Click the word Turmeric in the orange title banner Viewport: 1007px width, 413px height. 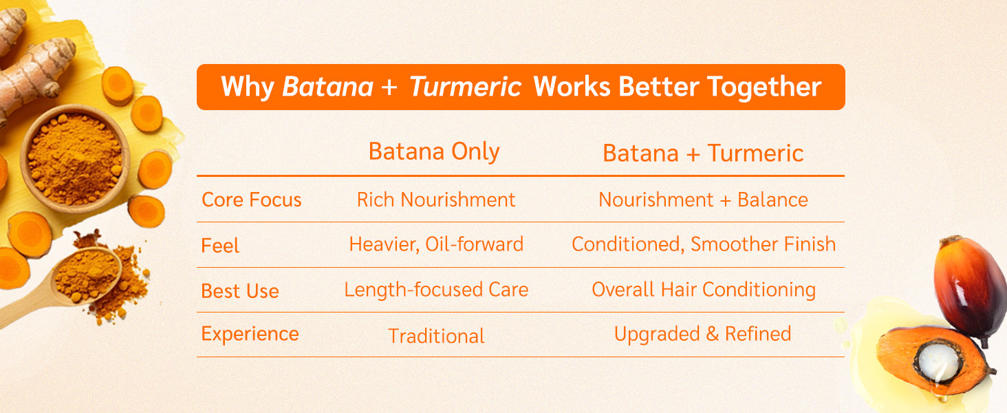point(465,86)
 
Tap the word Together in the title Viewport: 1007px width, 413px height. point(764,87)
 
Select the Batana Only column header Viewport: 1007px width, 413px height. point(434,151)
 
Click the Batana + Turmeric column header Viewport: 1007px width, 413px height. point(703,153)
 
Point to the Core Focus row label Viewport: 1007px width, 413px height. point(251,200)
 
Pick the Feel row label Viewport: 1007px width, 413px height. point(220,246)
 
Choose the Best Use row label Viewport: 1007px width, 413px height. point(240,291)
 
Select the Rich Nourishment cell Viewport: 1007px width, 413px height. point(436,200)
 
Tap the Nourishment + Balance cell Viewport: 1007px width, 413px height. point(703,200)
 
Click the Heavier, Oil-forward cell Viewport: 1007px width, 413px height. point(436,244)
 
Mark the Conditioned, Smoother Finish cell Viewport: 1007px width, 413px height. point(704,244)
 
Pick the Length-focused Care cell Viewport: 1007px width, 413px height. point(436,290)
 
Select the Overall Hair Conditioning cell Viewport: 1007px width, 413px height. point(704,290)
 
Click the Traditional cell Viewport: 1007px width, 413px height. point(436,336)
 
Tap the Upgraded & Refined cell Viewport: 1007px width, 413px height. point(703,335)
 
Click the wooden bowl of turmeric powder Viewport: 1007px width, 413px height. point(74,159)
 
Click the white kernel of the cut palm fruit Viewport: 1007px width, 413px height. point(938,362)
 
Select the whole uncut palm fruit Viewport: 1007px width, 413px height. point(970,287)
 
